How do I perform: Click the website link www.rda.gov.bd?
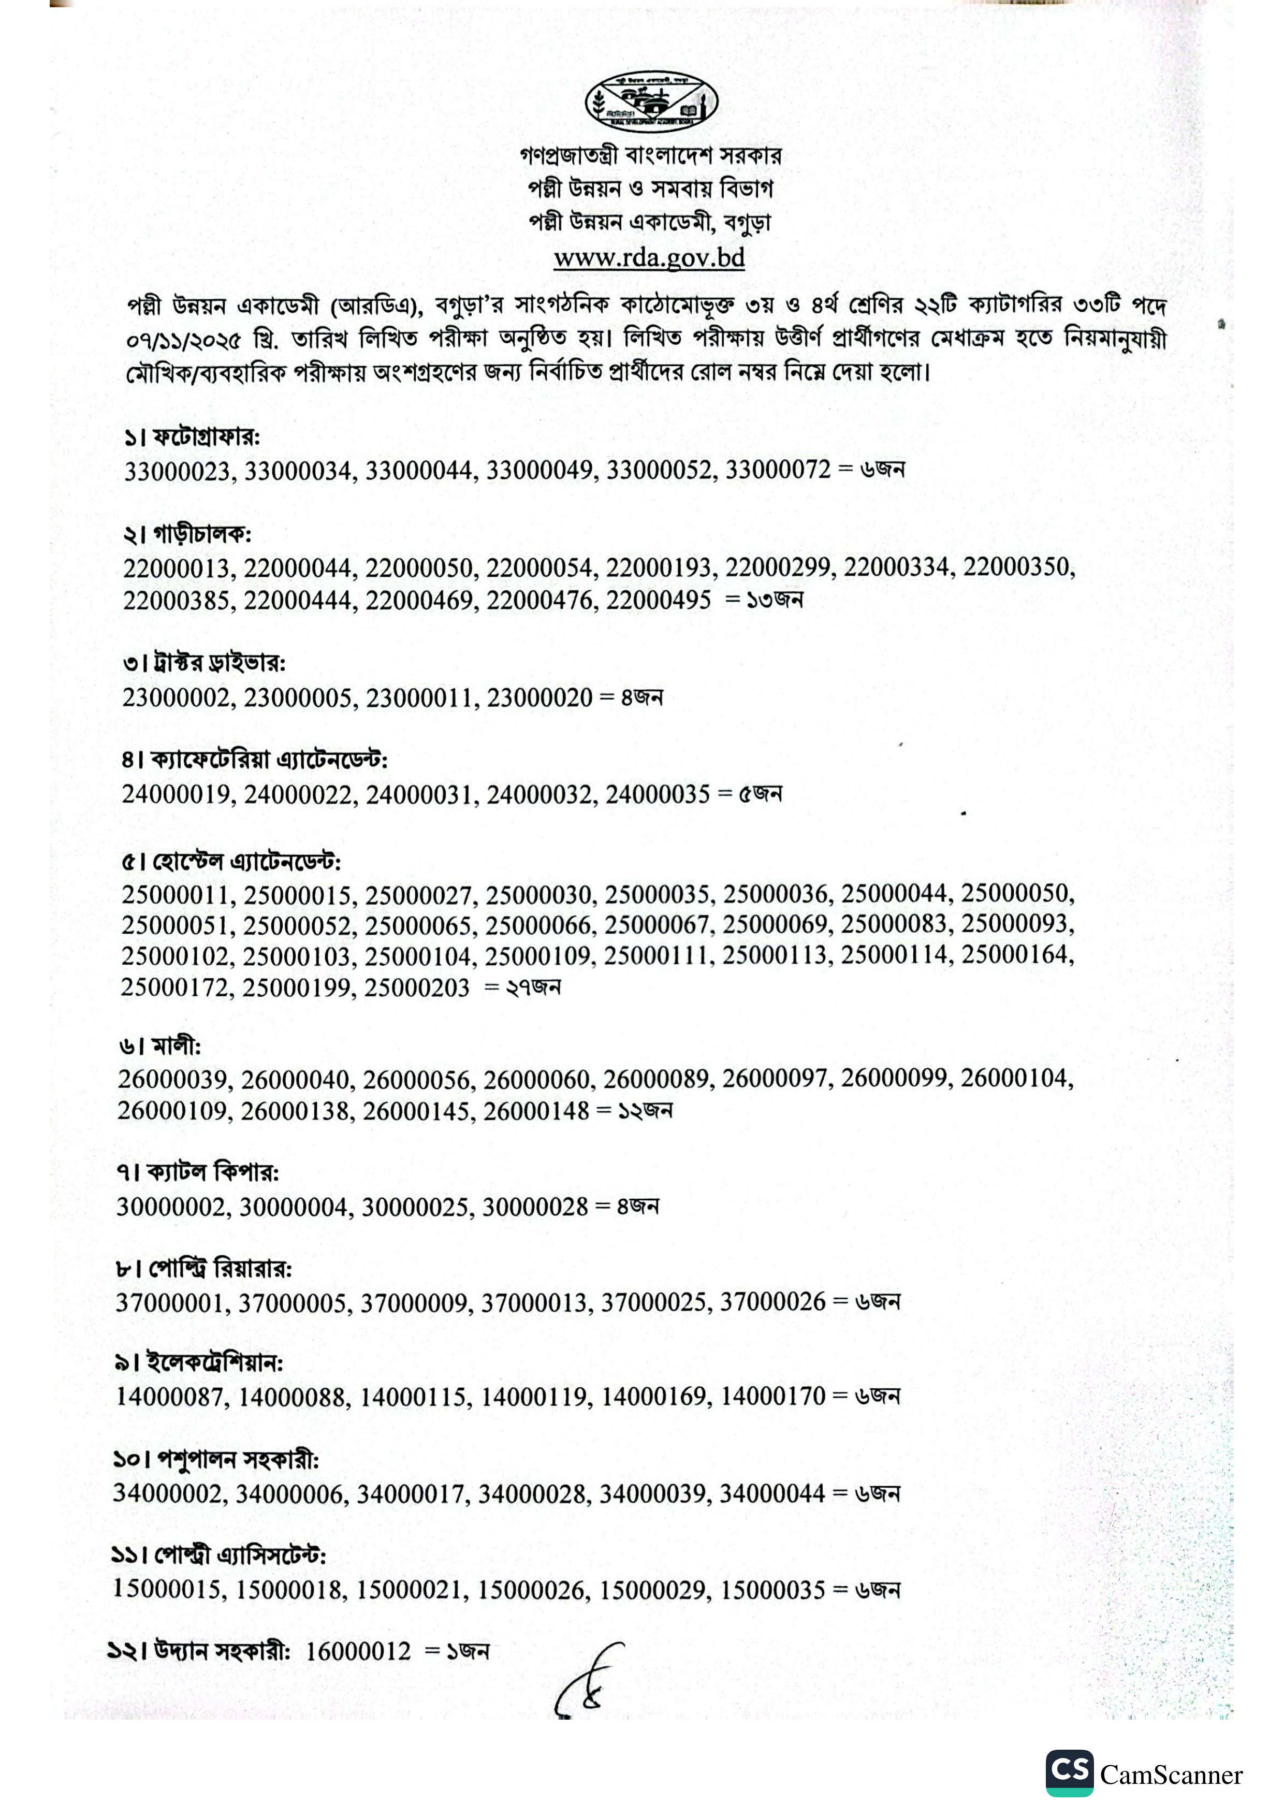point(649,257)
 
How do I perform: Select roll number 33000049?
point(539,470)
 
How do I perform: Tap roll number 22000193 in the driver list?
point(660,568)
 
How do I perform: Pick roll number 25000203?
point(416,987)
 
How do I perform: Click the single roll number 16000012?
point(358,1652)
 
